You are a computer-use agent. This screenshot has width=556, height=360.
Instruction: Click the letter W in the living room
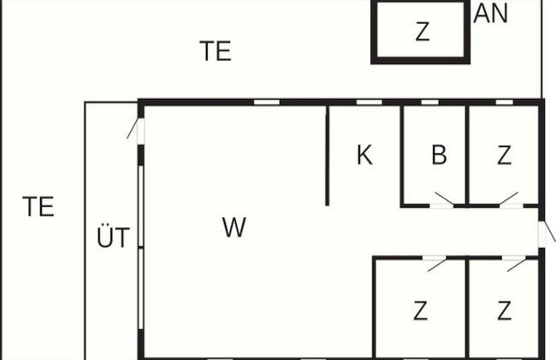coord(234,227)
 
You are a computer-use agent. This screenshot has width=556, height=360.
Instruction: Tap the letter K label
coord(364,155)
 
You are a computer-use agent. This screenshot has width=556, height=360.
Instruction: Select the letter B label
coord(439,155)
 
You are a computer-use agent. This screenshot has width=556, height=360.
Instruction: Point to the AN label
coord(490,14)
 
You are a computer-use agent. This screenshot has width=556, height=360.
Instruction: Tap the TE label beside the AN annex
coord(216,51)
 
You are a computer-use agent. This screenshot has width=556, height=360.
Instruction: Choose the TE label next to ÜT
coord(38,206)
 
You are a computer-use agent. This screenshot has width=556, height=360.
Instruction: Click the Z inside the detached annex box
coord(423,32)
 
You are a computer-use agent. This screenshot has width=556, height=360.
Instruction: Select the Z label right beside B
coord(504,155)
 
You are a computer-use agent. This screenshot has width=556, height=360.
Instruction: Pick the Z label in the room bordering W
coord(420,310)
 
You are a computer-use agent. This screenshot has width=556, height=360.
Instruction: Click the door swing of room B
coord(444,198)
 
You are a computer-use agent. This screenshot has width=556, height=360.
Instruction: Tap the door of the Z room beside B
coord(509,198)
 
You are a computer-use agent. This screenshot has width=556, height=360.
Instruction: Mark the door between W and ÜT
coord(136,128)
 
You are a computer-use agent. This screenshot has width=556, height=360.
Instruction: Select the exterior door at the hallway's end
coord(547,233)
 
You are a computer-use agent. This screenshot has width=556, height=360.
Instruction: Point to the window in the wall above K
coord(369,103)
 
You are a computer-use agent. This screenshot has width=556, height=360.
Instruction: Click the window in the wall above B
coord(429,103)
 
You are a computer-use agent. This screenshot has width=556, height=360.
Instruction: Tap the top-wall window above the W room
coord(267,103)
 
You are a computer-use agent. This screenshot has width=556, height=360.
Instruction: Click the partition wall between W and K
coord(327,156)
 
